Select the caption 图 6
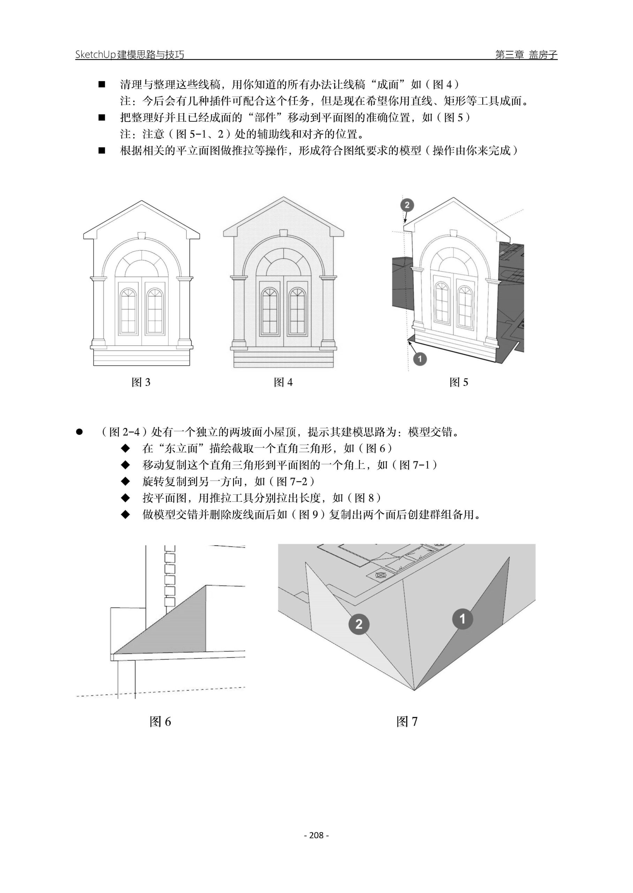[x=160, y=722]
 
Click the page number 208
[x=317, y=835]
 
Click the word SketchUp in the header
[x=96, y=54]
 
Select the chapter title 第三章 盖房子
[x=526, y=54]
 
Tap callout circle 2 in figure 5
[x=407, y=205]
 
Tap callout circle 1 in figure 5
[x=420, y=359]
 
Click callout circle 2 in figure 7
[x=359, y=624]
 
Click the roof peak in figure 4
[x=284, y=199]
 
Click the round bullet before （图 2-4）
[x=80, y=432]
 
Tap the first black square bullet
[x=102, y=84]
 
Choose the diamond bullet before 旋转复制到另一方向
[x=125, y=482]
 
